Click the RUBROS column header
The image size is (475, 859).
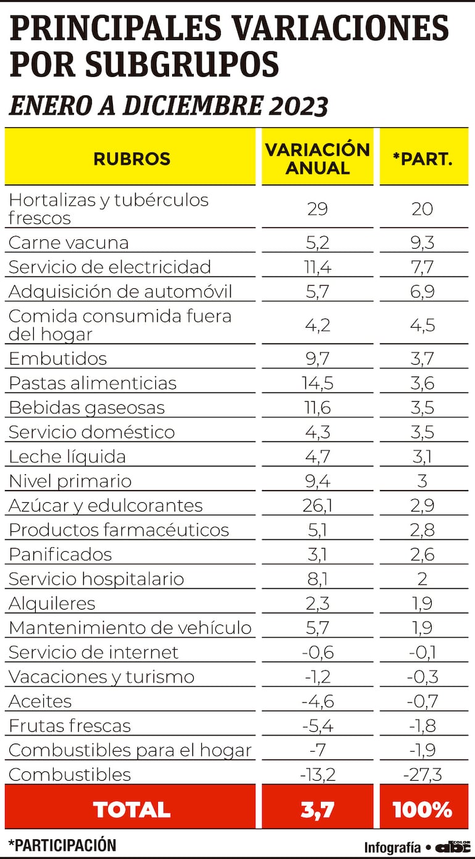(131, 159)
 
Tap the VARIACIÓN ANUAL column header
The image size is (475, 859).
(317, 159)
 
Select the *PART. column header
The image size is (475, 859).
(423, 159)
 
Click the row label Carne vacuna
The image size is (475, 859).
(68, 243)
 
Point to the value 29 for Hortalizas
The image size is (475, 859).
(317, 209)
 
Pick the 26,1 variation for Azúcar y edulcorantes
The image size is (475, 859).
(317, 505)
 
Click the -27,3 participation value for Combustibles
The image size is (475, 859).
(423, 774)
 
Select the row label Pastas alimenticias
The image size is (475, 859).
(93, 383)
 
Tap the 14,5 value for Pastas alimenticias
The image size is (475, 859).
(317, 383)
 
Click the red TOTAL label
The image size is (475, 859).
(131, 809)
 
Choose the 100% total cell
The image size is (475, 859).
(423, 809)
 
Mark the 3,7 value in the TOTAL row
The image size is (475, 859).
(317, 809)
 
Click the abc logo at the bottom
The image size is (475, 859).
(453, 847)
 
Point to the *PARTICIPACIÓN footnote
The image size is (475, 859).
(62, 845)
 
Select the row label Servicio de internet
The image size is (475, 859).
(93, 652)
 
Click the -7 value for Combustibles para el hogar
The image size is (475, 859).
(317, 750)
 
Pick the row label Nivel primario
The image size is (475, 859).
(70, 481)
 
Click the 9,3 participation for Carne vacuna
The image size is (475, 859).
(423, 243)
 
